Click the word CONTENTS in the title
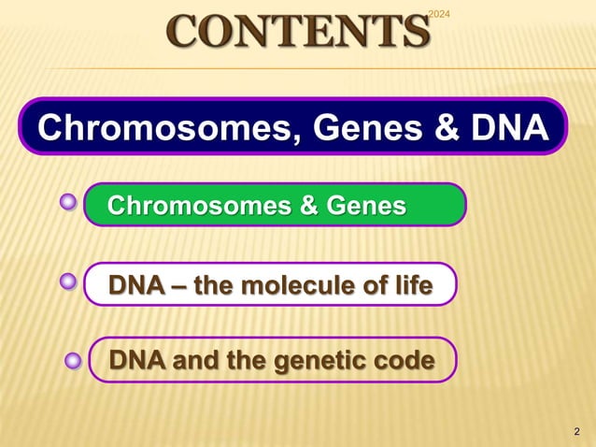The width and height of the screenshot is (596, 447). coord(298,31)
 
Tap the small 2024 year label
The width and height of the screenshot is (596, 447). coord(439,12)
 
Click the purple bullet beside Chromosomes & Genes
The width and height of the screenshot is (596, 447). coord(68,202)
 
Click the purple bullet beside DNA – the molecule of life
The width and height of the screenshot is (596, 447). coord(68,281)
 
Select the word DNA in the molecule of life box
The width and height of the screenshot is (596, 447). coord(135,283)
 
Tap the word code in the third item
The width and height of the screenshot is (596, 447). coord(404,359)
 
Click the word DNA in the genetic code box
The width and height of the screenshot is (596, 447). coord(135,359)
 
